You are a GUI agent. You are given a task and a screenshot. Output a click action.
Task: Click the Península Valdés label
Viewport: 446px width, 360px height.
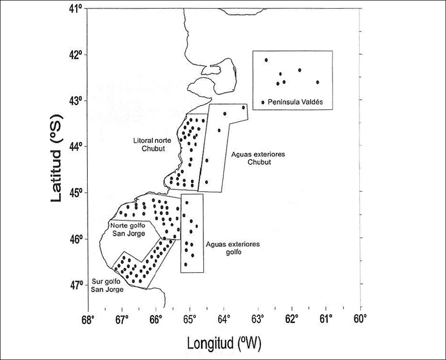click(295, 102)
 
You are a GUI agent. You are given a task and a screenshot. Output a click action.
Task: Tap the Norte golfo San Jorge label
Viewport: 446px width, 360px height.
click(127, 230)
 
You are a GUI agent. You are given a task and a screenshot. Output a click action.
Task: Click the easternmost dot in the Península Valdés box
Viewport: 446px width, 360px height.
click(318, 82)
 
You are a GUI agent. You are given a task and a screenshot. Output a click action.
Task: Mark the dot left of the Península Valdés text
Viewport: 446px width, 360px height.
click(263, 102)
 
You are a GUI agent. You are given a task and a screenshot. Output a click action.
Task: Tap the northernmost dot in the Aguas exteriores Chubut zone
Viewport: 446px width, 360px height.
click(243, 107)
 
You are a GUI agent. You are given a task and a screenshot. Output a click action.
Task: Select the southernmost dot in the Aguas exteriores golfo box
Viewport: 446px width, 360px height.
click(186, 264)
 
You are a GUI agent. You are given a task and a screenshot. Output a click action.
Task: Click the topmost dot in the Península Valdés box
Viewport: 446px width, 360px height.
click(266, 60)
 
